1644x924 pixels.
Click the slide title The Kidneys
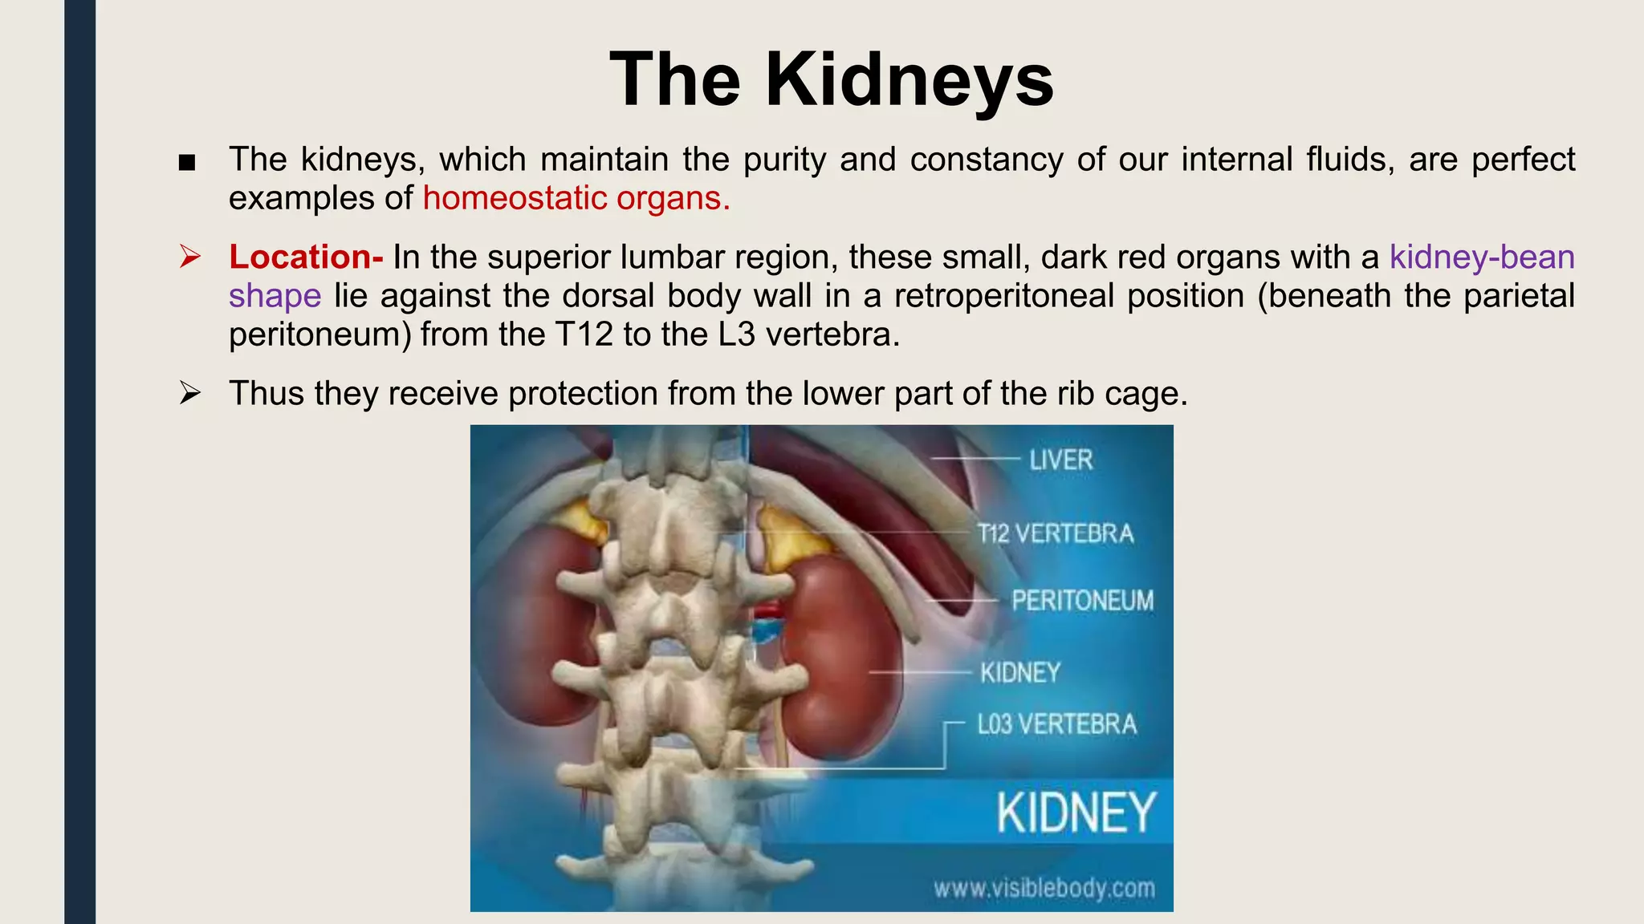tap(831, 79)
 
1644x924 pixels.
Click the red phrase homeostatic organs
tap(576, 198)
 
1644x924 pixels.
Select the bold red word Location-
tap(306, 257)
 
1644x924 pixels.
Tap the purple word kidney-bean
tap(1482, 257)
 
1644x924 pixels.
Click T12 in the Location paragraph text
tap(584, 334)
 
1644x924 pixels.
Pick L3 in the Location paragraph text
tap(737, 334)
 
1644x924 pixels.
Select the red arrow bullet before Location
tap(189, 257)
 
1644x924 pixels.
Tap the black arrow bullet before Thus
tap(189, 393)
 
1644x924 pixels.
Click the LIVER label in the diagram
tap(1060, 460)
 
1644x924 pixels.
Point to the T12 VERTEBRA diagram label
tap(1056, 533)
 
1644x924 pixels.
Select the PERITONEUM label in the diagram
tap(1081, 600)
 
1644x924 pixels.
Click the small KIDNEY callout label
tap(1019, 672)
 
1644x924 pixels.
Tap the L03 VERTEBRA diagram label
tap(1056, 724)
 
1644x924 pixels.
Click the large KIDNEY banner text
tap(1076, 813)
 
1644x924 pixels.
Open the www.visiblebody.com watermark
tap(1044, 888)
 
